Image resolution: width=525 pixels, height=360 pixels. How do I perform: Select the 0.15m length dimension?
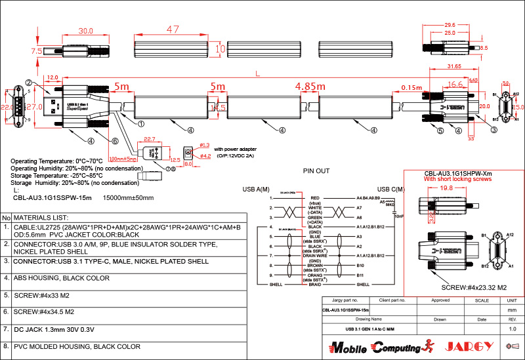point(411,88)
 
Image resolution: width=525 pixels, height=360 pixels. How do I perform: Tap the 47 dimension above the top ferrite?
point(173,30)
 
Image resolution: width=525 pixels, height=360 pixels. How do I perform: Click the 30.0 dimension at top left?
point(85,31)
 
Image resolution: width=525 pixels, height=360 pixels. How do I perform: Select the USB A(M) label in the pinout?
point(256,190)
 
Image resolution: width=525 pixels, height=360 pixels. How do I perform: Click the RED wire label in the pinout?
point(315,197)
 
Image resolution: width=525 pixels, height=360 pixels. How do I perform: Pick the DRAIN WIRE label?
point(315,256)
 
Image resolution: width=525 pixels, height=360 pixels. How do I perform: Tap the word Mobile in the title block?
point(343,346)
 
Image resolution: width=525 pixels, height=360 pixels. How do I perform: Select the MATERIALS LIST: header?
point(41,217)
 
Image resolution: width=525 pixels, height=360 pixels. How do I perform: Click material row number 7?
point(5,329)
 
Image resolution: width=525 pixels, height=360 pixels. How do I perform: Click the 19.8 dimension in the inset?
point(446,188)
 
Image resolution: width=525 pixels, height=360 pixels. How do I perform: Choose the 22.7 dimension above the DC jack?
point(149,138)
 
